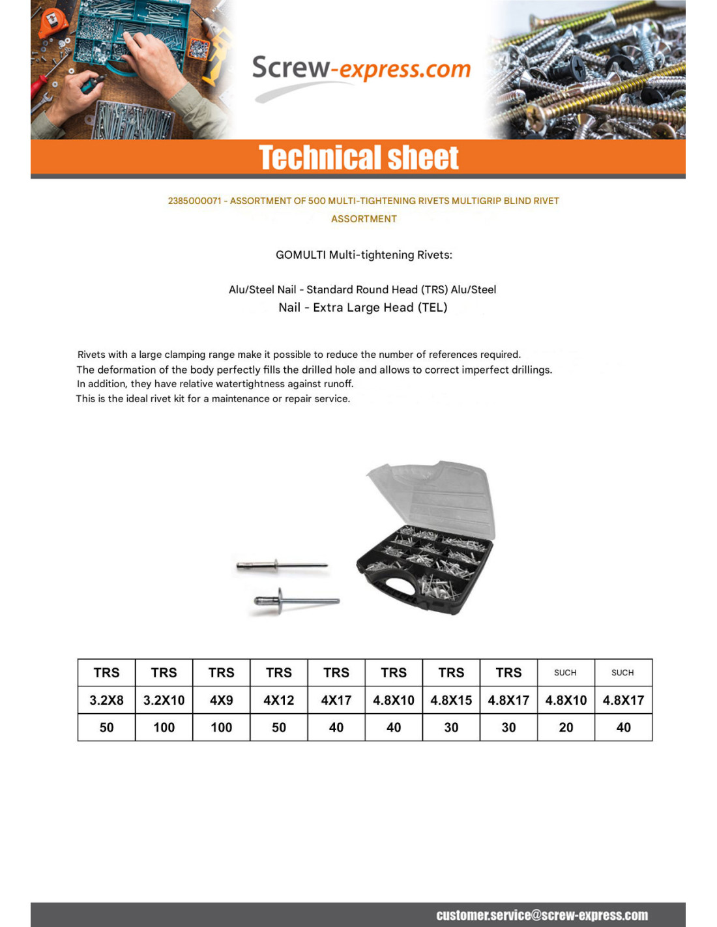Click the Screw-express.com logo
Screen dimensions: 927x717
[360, 70]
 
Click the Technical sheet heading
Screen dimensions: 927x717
[358, 158]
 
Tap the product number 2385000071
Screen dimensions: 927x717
[194, 201]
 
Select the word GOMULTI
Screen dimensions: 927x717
[300, 255]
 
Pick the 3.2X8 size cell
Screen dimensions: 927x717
[106, 700]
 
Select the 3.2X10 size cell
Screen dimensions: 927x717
[164, 700]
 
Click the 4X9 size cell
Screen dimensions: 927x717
[221, 700]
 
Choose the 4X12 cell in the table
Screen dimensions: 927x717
[278, 700]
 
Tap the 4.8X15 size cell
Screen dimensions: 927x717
[451, 700]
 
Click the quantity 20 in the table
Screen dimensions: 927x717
[566, 728]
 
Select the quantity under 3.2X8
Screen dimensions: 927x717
[106, 728]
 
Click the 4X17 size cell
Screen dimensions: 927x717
[336, 700]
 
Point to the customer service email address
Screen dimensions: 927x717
[542, 915]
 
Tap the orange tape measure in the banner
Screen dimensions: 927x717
[52, 22]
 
